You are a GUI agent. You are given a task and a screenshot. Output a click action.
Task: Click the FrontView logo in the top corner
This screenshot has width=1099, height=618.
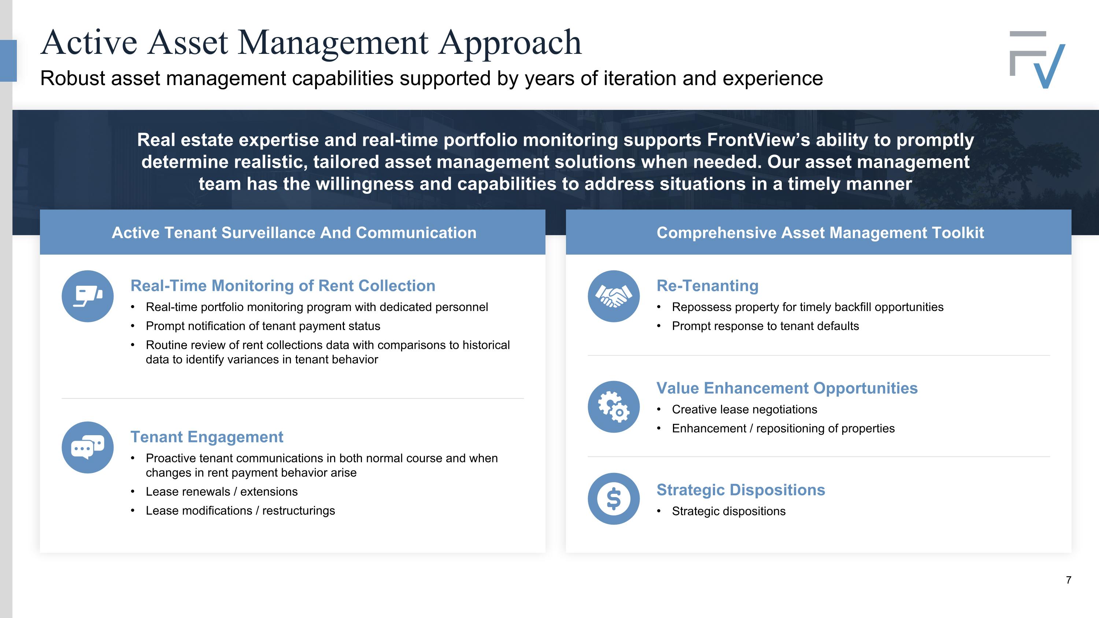tap(1037, 59)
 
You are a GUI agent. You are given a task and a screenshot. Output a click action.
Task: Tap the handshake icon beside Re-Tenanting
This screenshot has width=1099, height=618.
tap(614, 296)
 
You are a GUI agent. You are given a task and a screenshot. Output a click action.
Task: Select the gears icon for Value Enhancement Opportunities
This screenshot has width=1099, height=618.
tap(614, 407)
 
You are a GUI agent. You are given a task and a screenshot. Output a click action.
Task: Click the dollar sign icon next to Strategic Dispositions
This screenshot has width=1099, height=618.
tap(614, 499)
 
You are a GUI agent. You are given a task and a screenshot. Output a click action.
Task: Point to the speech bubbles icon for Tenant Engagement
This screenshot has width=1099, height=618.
tap(88, 447)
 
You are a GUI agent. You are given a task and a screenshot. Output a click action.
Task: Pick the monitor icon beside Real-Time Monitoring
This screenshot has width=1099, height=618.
tap(88, 296)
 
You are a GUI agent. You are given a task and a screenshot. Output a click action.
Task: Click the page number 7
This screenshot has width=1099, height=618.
tap(1068, 580)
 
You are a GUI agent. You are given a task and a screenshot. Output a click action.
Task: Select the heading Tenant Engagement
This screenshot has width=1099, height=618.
tap(207, 437)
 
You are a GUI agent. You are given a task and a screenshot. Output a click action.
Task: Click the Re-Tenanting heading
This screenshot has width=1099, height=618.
tap(707, 286)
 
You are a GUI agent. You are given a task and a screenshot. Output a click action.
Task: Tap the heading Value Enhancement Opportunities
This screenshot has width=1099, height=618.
tap(787, 388)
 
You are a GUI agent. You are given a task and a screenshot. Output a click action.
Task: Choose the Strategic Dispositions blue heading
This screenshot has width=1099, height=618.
tap(741, 490)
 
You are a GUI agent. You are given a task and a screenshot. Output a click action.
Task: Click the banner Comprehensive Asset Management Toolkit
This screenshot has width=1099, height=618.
tap(820, 233)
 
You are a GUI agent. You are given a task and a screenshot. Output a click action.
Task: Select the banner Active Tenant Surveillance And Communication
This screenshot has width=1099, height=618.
tap(294, 233)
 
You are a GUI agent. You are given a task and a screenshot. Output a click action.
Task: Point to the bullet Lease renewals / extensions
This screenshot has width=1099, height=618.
tap(221, 492)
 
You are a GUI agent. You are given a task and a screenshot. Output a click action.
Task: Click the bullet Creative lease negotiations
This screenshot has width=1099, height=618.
tap(744, 410)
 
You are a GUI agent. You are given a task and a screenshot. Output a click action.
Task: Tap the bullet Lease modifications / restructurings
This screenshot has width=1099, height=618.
tap(240, 511)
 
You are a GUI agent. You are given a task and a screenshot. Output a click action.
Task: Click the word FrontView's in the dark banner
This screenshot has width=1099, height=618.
tap(758, 140)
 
